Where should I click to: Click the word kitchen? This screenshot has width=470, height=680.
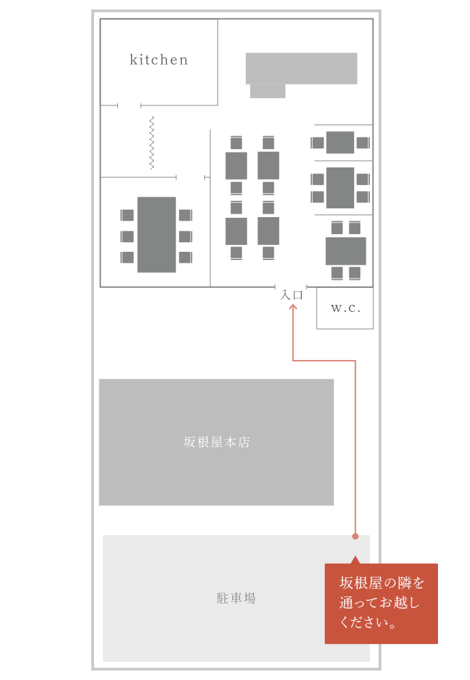pos(158,60)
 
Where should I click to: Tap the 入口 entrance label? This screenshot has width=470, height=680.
pos(292,295)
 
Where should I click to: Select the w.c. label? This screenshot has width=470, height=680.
pos(345,308)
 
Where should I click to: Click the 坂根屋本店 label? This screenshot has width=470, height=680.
pos(217,442)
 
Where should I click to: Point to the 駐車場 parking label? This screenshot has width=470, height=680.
pos(236,598)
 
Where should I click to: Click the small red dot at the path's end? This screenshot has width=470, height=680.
pos(355,536)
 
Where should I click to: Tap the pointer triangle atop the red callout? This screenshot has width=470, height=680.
pos(355,560)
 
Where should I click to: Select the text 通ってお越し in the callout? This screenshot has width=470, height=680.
pos(379,602)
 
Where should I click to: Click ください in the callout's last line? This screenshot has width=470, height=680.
pos(362,622)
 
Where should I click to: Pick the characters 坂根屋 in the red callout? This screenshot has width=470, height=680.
pos(361,583)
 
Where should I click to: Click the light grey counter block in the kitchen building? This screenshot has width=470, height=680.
pos(301,69)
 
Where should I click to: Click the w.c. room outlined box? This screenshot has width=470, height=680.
pos(336,318)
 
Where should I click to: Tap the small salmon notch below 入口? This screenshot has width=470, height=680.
pos(293,306)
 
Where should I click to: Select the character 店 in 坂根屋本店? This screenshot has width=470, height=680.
pos(245,442)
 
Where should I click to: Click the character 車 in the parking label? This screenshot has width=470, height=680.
pos(236,598)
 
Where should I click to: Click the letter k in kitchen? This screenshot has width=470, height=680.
pos(134,60)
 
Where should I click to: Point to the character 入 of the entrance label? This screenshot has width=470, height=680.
pos(286,295)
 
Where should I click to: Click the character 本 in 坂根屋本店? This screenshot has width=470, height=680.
pos(231,442)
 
